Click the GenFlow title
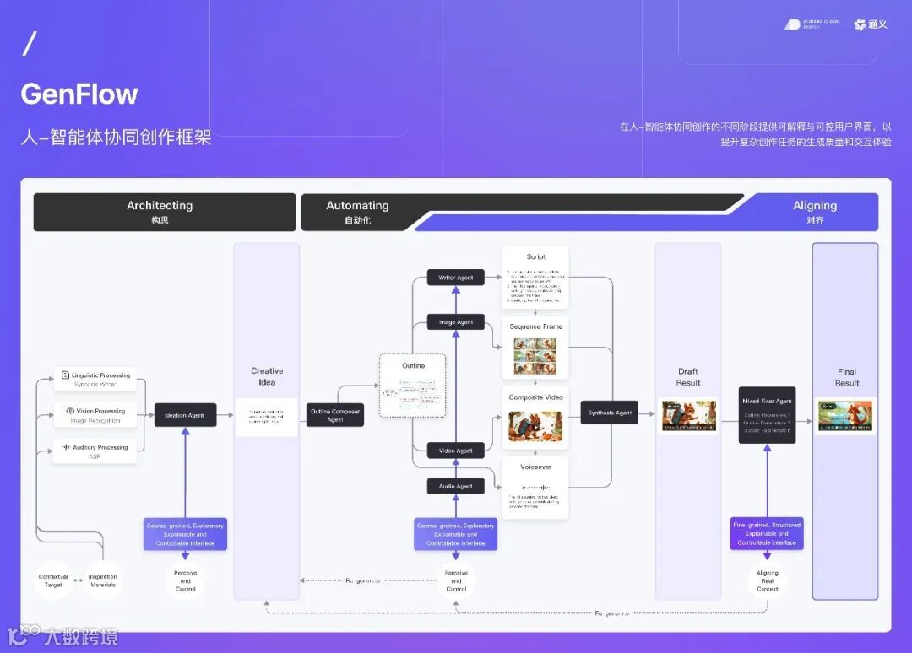(x=79, y=94)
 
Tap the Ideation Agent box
(x=185, y=414)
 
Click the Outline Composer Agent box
(x=335, y=415)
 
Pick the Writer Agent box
(x=456, y=277)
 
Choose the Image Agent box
(x=456, y=321)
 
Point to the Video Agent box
(x=456, y=451)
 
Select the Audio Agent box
(x=456, y=486)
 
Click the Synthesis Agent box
(x=610, y=413)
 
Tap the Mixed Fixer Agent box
(x=767, y=415)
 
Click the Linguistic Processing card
(x=95, y=379)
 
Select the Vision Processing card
(x=95, y=415)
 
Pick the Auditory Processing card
(x=95, y=451)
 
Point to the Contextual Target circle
(x=53, y=580)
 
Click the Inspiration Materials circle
(x=103, y=580)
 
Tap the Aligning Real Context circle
(x=767, y=580)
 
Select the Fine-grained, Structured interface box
(x=767, y=534)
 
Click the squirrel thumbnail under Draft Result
(x=688, y=416)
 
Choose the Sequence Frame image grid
(x=535, y=356)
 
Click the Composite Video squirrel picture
(x=535, y=427)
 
